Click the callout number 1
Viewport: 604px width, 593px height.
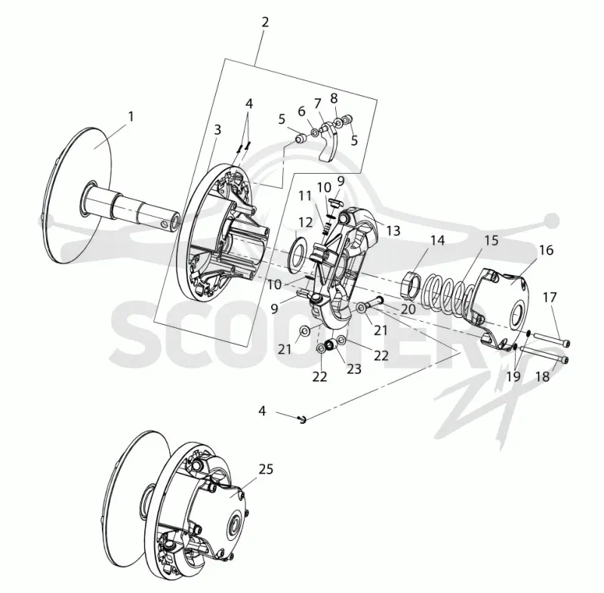click(x=131, y=116)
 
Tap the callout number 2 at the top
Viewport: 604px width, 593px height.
click(x=265, y=23)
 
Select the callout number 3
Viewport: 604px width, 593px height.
click(x=217, y=130)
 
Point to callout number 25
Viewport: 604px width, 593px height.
click(x=266, y=469)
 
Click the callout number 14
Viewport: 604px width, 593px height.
click(x=438, y=240)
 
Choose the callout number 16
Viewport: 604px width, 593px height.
click(x=546, y=250)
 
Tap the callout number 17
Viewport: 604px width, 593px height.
click(x=550, y=298)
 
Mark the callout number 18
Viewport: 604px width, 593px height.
click(x=543, y=376)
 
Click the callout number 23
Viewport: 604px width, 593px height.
click(x=354, y=369)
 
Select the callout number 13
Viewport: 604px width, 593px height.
click(x=393, y=231)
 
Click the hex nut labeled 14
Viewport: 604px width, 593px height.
click(x=410, y=284)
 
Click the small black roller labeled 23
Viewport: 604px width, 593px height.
click(x=330, y=345)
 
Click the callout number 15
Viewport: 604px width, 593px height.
click(x=492, y=240)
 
